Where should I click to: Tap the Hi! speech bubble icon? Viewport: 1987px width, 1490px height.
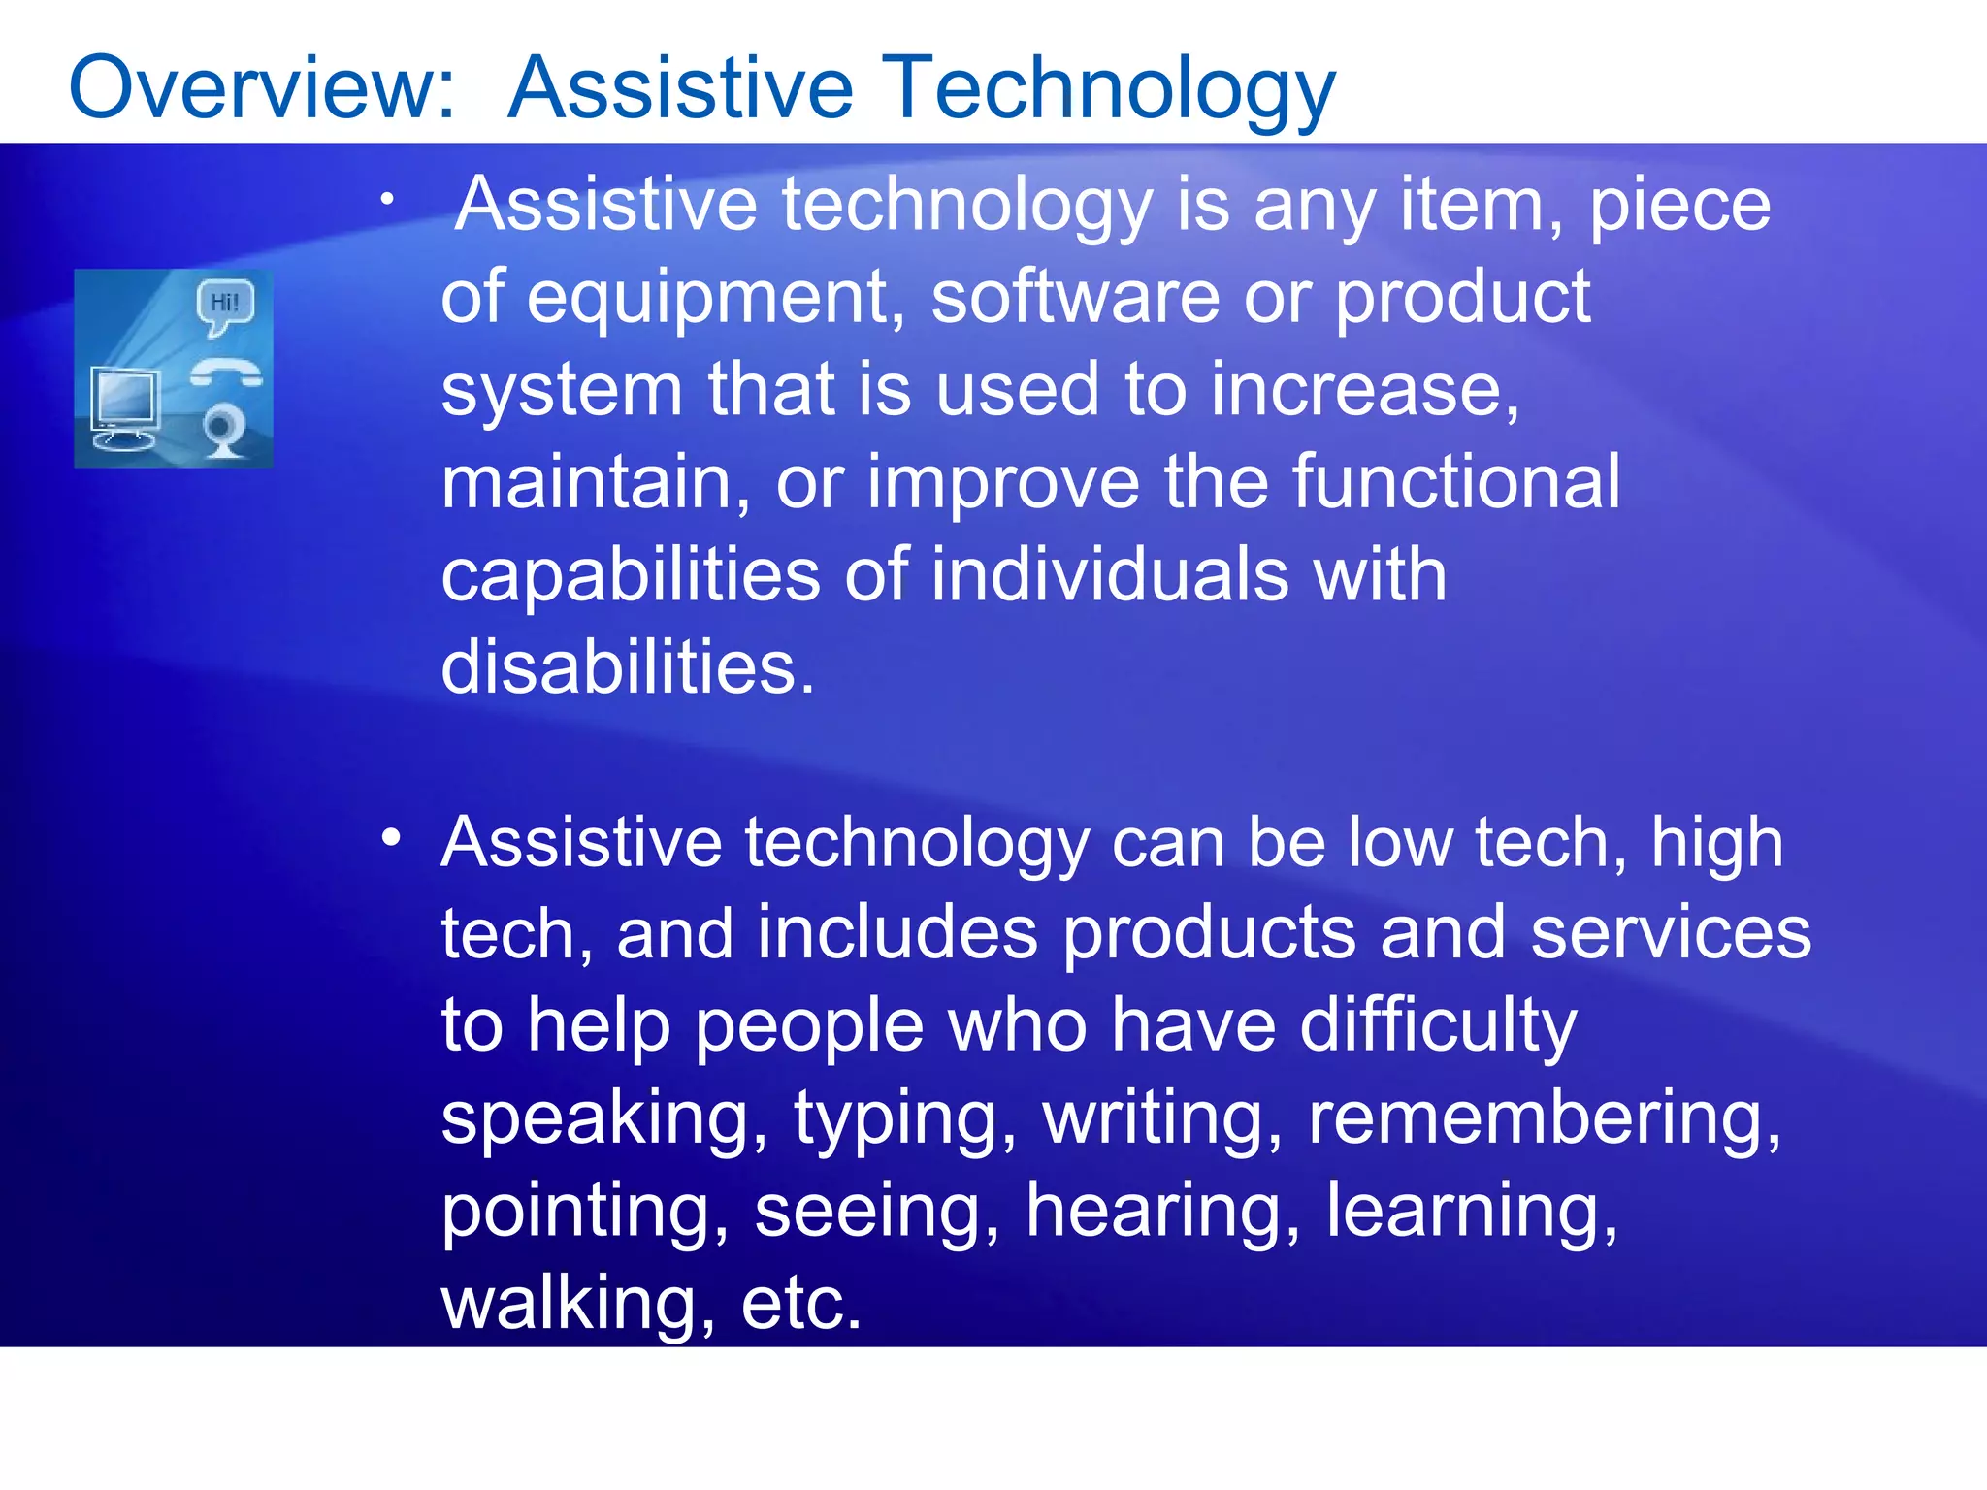(x=224, y=304)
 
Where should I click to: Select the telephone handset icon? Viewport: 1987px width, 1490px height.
(x=225, y=373)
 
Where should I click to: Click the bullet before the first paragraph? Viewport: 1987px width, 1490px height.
(x=387, y=200)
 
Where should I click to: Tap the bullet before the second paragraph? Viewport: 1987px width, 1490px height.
(x=390, y=837)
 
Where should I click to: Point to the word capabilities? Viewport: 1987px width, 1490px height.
(x=631, y=575)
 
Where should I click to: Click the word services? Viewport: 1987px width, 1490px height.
(x=1670, y=933)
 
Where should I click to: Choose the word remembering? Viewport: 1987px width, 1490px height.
(x=1543, y=1117)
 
